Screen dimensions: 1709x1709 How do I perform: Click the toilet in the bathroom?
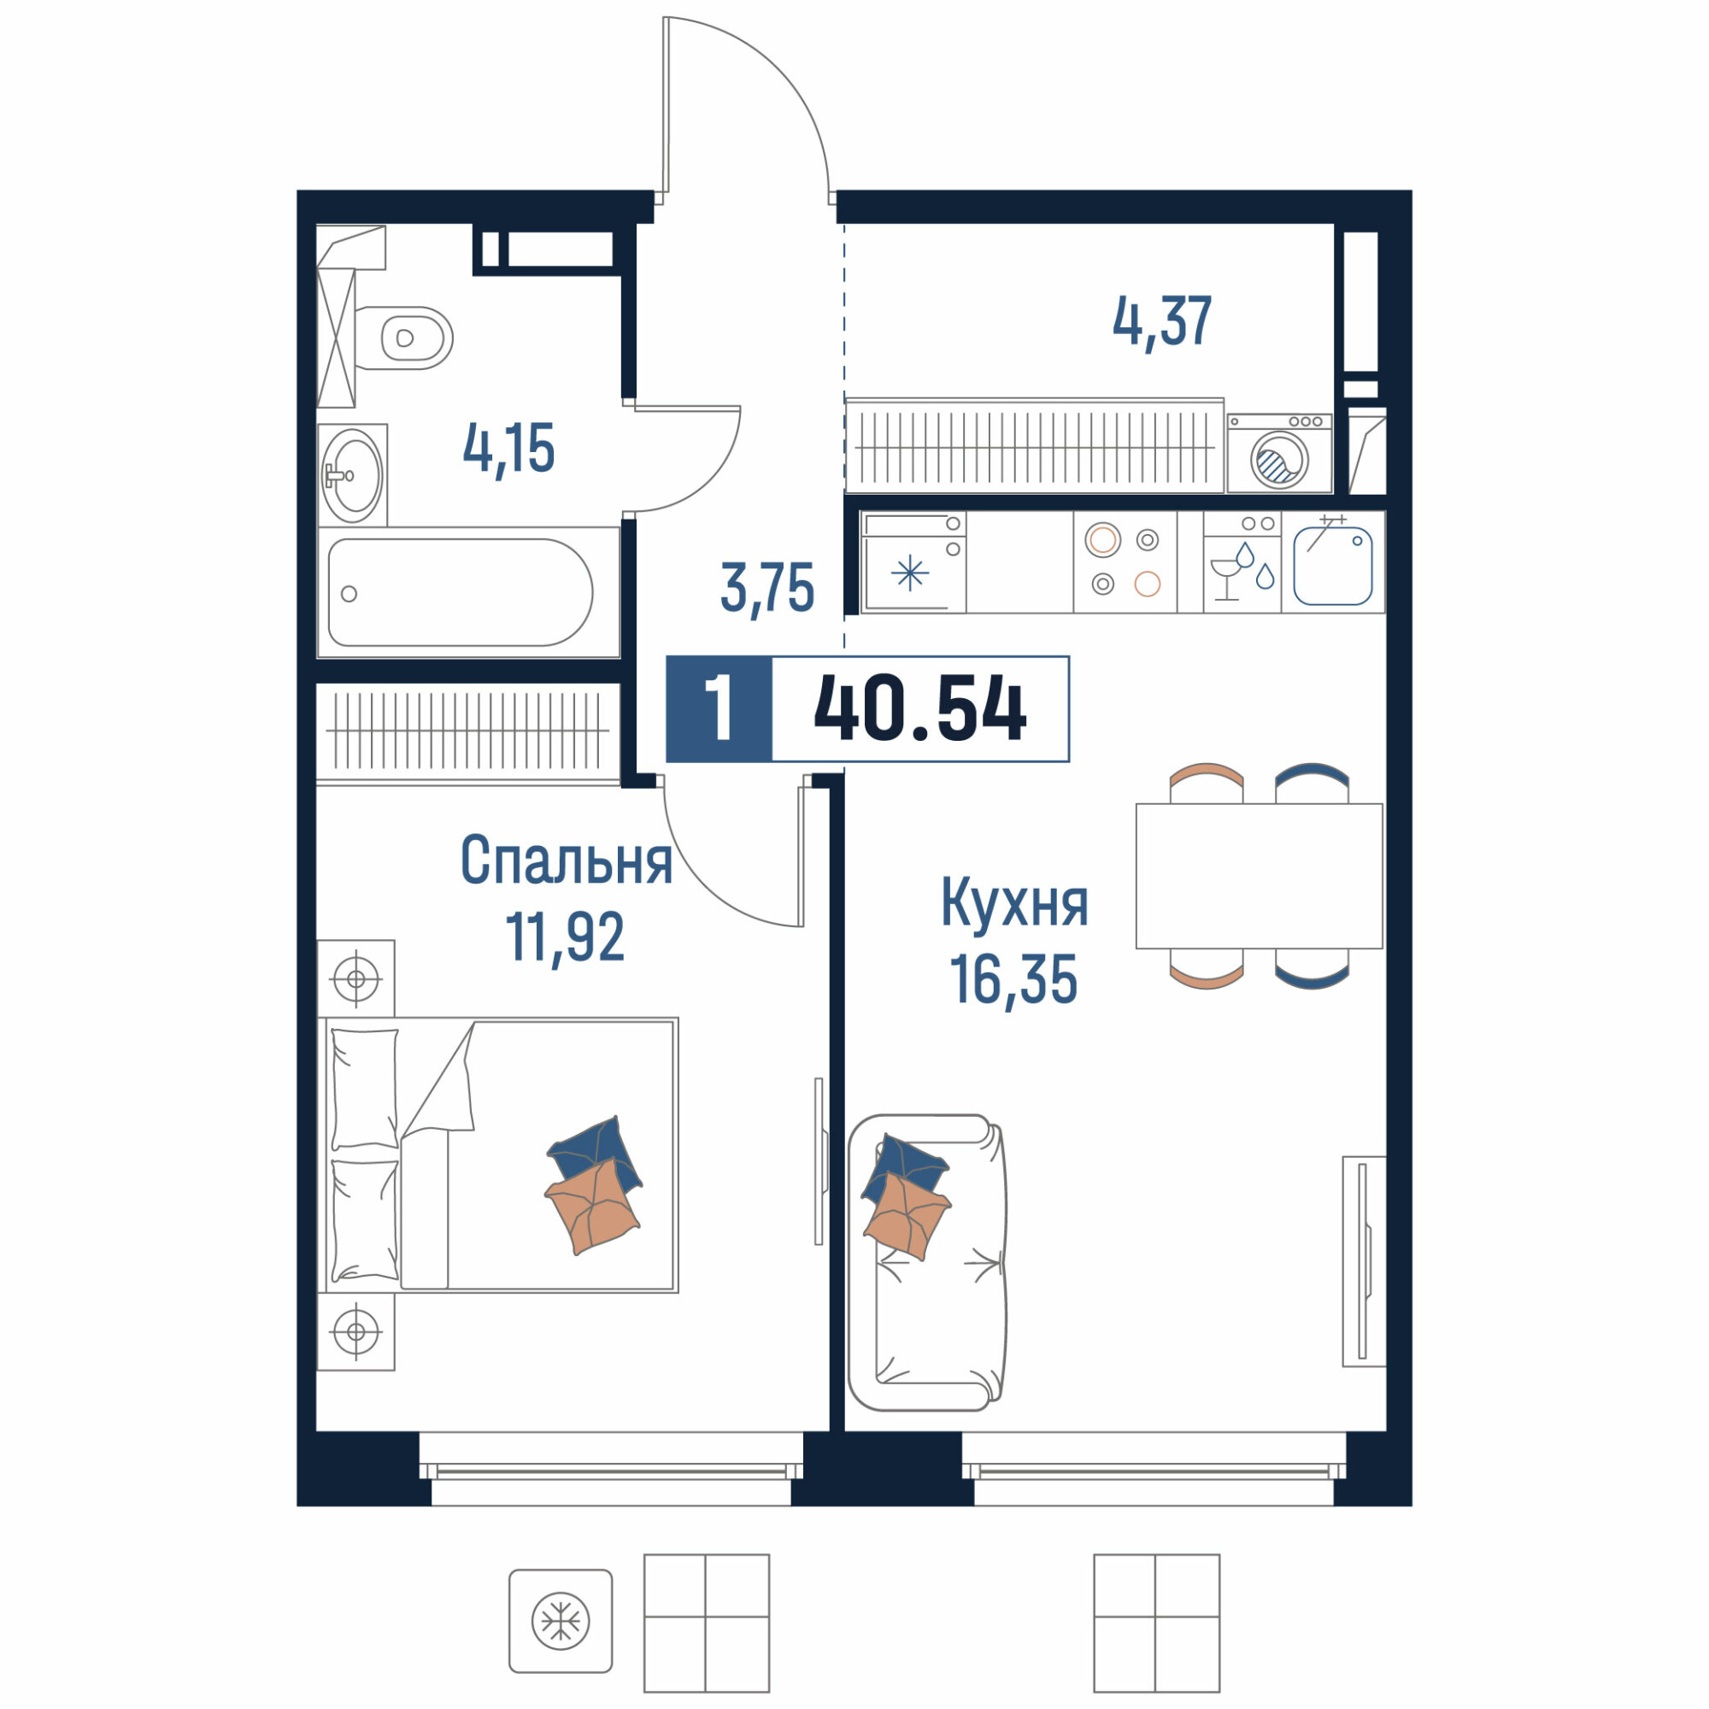[x=403, y=338]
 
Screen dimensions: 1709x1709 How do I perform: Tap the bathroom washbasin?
[x=353, y=475]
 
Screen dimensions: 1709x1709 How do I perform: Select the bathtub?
[x=468, y=593]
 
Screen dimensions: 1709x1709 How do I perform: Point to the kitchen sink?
[x=1332, y=562]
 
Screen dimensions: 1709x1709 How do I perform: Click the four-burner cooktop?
[x=1125, y=561]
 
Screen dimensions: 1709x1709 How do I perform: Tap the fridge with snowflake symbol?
[x=913, y=561]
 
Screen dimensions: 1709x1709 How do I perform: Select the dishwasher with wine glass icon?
[x=1242, y=561]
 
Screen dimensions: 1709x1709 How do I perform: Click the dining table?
[x=1259, y=876]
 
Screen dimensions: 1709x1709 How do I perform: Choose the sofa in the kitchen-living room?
[x=927, y=1262]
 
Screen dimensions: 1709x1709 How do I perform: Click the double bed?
[x=498, y=1154]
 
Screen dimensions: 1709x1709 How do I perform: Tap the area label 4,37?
[x=1161, y=323]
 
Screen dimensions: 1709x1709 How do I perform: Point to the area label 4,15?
[x=508, y=449]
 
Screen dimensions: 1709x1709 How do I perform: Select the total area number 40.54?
[x=920, y=708]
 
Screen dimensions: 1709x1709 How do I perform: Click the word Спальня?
[x=567, y=860]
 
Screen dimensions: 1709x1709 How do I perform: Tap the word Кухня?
[x=1013, y=902]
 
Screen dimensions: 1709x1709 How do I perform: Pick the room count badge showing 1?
[x=719, y=708]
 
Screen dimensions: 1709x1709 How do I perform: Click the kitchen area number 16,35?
[x=1013, y=979]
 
